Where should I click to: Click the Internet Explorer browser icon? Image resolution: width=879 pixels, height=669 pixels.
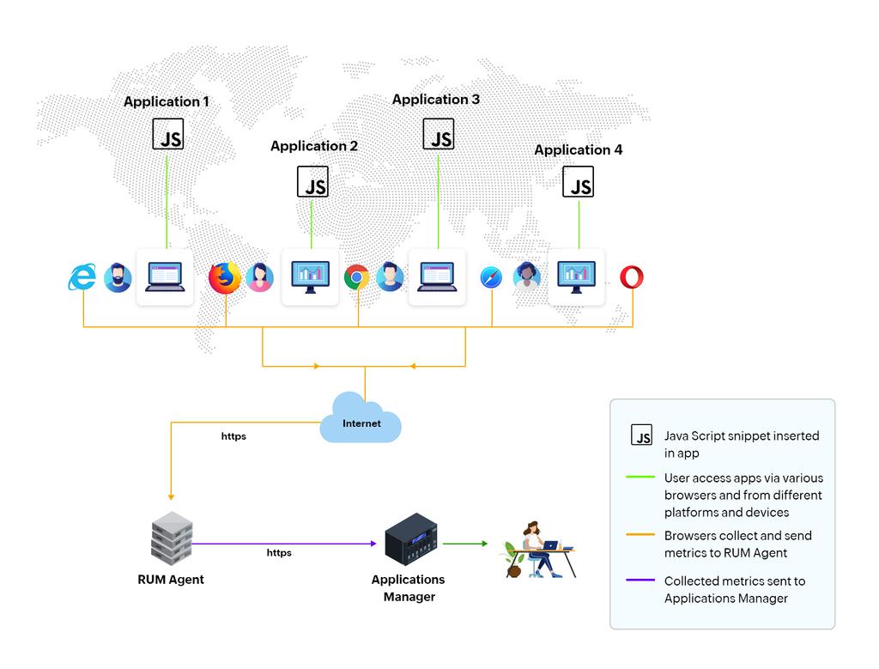pos(82,277)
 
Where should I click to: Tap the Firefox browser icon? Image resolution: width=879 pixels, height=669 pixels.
pos(225,278)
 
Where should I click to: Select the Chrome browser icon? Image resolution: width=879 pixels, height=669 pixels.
pos(357,277)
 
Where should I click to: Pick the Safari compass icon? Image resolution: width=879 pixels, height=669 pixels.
pos(491,277)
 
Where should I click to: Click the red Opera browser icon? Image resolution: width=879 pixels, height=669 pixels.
pos(632,277)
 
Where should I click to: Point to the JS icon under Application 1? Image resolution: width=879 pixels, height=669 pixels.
pos(168,135)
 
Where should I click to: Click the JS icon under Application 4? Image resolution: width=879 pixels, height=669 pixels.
pos(578,182)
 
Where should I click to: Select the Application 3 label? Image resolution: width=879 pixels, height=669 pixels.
pos(436,100)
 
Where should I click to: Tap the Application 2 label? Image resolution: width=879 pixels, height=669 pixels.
pos(314,146)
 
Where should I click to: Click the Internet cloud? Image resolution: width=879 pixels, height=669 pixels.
pos(361,418)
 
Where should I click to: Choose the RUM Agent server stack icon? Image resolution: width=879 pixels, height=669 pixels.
pos(171,538)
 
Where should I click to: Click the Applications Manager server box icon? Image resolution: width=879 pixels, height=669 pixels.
pos(411,539)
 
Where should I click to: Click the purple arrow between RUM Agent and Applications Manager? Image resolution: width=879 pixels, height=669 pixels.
pos(283,544)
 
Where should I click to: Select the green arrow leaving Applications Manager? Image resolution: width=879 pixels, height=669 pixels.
pos(464,544)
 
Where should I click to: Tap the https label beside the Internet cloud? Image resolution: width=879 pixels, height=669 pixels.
pos(233,436)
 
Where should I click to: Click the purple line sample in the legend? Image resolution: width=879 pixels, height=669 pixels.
pos(640,581)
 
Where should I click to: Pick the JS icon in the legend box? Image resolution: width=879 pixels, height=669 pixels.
pos(641,435)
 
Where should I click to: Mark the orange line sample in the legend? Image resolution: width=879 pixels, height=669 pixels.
pos(640,535)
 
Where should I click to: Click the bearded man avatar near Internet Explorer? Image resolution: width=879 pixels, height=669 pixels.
pos(118,277)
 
